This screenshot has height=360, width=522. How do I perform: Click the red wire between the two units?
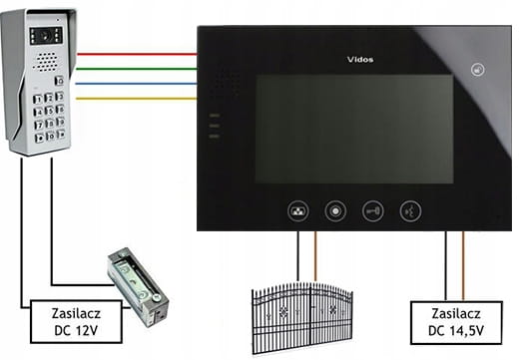[x=137, y=54]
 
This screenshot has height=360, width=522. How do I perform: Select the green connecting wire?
[x=137, y=69]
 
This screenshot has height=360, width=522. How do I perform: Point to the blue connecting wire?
[x=137, y=84]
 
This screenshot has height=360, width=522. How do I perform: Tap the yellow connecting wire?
[x=137, y=98]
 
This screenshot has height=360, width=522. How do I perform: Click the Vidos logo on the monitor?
[x=360, y=60]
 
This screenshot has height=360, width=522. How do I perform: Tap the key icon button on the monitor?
[x=373, y=211]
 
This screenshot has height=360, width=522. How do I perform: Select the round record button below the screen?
[x=335, y=211]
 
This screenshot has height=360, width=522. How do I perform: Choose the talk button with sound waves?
[x=410, y=211]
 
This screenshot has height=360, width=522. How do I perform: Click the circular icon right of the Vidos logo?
[x=478, y=70]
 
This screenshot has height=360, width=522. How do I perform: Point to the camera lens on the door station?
[x=46, y=36]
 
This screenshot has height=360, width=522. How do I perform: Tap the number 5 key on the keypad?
[x=50, y=111]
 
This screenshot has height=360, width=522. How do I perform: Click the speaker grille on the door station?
[x=46, y=62]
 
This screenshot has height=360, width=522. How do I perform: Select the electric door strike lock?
[x=138, y=286]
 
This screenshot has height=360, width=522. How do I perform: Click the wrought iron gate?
[x=302, y=318]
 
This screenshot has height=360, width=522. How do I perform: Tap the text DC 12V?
[x=76, y=331]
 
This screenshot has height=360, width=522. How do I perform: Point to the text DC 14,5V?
[x=456, y=331]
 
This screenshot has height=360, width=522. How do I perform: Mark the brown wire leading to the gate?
[x=315, y=256]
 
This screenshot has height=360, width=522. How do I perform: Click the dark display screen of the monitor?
[x=354, y=129]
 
